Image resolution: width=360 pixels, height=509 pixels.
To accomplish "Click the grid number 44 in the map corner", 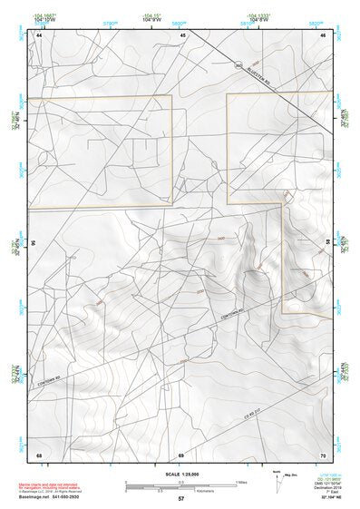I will point(39,34).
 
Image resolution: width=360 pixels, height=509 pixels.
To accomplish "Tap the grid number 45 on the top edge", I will point(182,34).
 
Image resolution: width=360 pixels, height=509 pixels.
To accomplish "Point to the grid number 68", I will point(39,454).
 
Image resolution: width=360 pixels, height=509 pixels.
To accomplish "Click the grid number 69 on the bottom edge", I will point(181,454).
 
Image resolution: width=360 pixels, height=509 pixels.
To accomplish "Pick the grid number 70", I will point(323,454).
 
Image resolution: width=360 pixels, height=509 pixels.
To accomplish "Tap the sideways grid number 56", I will point(34,244).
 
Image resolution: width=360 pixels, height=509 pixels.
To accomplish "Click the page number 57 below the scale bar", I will point(181,499).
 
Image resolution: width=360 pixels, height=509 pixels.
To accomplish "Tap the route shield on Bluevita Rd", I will point(238,65).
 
